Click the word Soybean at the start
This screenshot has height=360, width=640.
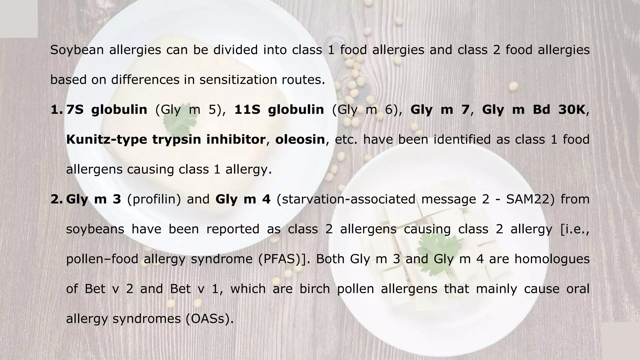pos(77,50)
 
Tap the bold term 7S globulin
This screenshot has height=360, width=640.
pos(107,110)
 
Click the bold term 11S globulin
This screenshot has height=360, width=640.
pos(279,110)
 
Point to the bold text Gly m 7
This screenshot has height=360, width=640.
pos(440,110)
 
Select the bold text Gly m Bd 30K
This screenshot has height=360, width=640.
pos(533,110)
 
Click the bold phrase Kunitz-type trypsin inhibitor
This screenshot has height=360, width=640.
pos(166,139)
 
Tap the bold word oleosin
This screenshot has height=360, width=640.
pos(300,139)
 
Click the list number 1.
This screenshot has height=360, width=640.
pos(57,110)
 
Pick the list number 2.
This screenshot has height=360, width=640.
pos(57,199)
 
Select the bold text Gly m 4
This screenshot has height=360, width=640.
pos(243,199)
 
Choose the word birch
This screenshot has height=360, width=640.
pos(314,289)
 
